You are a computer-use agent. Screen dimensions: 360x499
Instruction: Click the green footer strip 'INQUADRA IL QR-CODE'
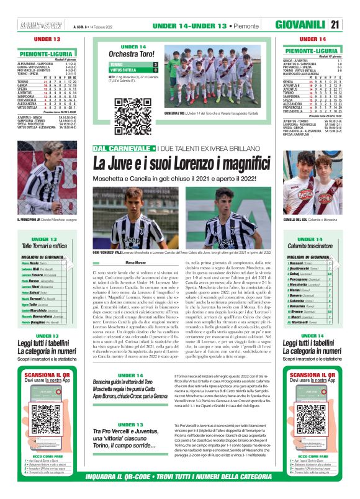pyautogui.click(x=180, y=477)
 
